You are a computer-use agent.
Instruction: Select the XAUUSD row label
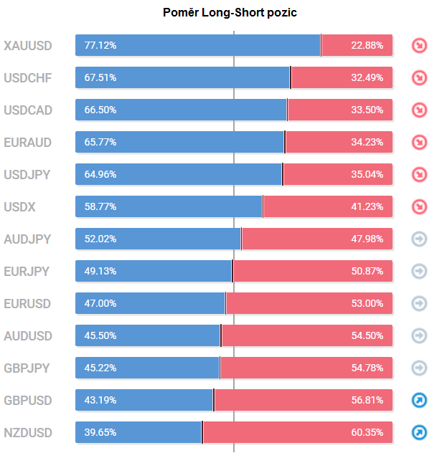click(28, 46)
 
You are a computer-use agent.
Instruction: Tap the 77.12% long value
click(100, 45)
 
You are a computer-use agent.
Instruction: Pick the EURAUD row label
click(28, 143)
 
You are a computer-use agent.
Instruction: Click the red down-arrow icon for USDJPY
click(418, 174)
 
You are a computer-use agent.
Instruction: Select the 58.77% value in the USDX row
click(100, 206)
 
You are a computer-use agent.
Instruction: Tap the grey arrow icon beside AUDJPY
click(418, 239)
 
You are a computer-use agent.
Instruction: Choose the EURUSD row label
click(27, 304)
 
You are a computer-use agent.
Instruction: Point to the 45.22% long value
click(100, 368)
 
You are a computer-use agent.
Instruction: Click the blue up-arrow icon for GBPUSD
click(418, 400)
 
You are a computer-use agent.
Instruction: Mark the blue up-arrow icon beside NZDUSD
click(418, 432)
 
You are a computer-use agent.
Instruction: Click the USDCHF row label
click(28, 78)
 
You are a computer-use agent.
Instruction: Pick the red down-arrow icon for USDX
click(418, 206)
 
